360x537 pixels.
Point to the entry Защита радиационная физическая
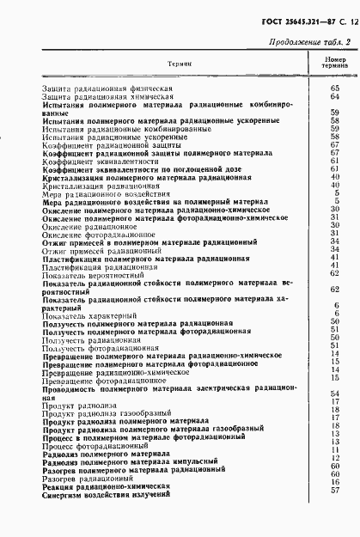click(x=94, y=89)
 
